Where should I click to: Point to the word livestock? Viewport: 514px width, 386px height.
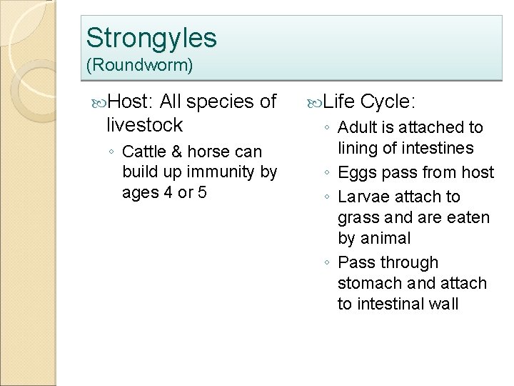pos(144,126)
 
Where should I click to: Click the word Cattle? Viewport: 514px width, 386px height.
pos(146,152)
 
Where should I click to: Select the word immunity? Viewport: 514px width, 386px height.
pos(221,172)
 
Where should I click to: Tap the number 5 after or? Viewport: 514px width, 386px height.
pos(202,193)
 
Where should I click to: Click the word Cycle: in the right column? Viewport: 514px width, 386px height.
pos(387,102)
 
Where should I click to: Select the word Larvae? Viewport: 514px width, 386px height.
pos(361,196)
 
